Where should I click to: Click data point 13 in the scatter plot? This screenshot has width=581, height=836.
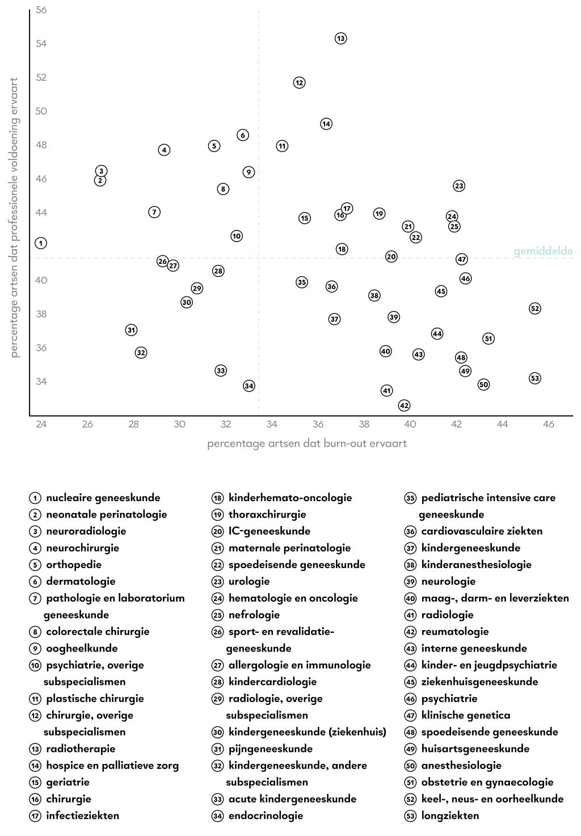(x=340, y=39)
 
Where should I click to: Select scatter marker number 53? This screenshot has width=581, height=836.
(x=534, y=378)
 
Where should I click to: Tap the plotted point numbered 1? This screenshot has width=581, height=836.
(x=41, y=243)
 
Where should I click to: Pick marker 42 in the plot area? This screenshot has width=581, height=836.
(x=404, y=405)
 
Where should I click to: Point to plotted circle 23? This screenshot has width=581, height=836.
(x=459, y=186)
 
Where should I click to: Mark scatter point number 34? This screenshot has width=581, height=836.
(x=249, y=386)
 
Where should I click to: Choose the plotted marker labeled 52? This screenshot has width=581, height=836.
(x=534, y=308)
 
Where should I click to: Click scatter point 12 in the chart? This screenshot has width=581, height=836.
(x=299, y=82)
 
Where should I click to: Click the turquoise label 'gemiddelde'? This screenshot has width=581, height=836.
(x=543, y=251)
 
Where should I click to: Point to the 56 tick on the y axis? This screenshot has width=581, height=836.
(x=41, y=10)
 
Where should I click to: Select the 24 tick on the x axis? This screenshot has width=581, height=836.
(x=41, y=425)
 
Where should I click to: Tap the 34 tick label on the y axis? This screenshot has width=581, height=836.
(x=41, y=381)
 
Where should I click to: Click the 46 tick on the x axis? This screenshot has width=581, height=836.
(x=549, y=425)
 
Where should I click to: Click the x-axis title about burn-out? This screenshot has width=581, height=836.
(x=307, y=443)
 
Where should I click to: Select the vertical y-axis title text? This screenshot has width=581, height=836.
(x=15, y=218)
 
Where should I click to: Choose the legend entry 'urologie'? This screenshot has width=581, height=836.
(x=249, y=581)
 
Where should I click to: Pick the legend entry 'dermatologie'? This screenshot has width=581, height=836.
(x=81, y=581)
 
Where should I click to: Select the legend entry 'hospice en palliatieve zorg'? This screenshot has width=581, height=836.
(x=112, y=765)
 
